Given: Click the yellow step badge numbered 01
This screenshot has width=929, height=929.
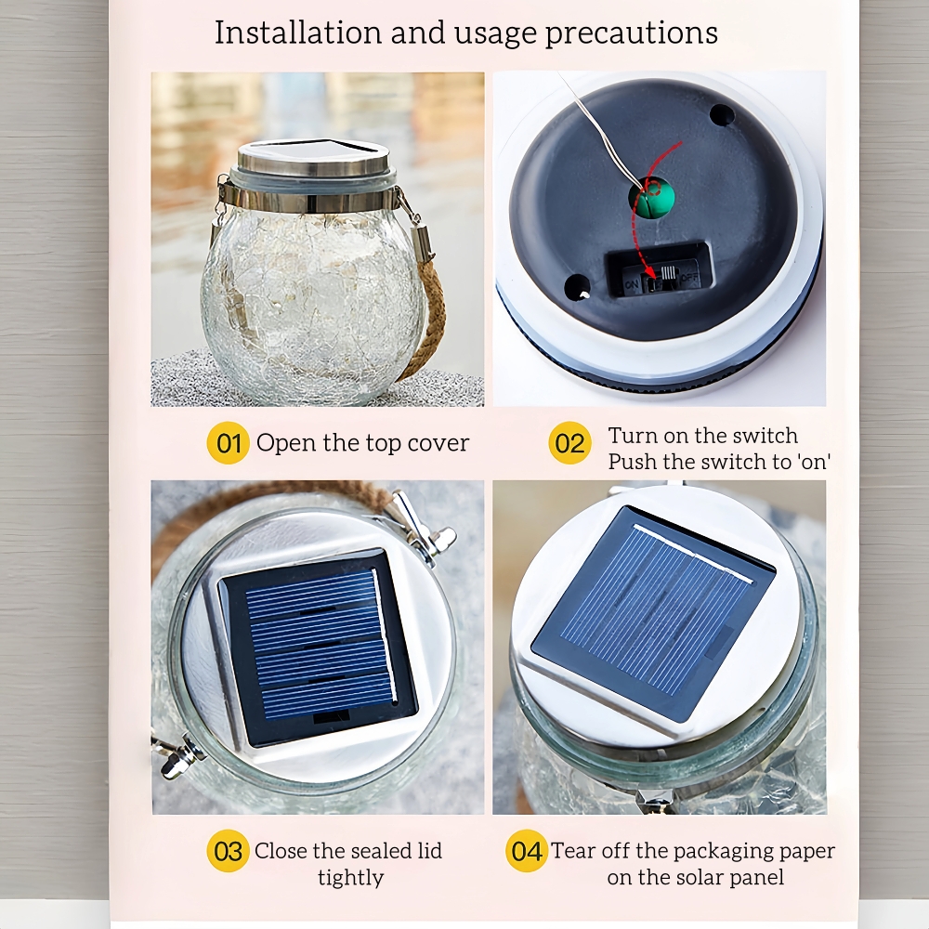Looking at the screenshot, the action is point(229,442).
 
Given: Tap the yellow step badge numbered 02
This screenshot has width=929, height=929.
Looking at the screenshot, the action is point(570,442).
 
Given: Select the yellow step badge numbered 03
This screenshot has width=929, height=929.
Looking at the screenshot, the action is point(229,851).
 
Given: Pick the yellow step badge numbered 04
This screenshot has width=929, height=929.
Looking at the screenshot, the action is point(527,851).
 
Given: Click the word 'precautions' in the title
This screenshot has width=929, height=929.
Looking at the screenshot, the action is point(632,33).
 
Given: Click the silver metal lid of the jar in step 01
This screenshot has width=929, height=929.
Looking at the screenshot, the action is point(313,158).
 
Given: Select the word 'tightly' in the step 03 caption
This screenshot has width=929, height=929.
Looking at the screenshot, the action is point(351,878).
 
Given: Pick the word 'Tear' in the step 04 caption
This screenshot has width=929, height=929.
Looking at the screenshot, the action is point(573,851).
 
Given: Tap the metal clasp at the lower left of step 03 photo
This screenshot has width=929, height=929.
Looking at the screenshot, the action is point(177,755).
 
